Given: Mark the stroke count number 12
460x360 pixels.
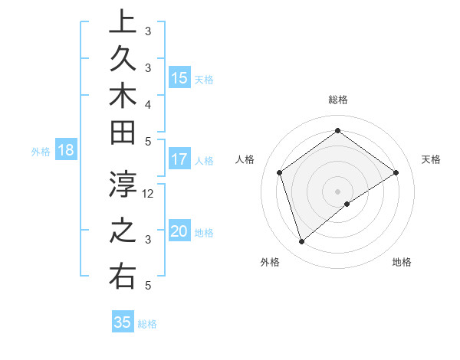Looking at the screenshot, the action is [x=149, y=194].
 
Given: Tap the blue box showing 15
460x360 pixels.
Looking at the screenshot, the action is [x=179, y=78].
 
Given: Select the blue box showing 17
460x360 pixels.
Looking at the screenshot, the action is [x=179, y=160].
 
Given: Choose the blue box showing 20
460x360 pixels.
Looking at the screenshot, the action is [x=179, y=232].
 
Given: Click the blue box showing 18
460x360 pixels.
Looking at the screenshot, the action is [x=66, y=151].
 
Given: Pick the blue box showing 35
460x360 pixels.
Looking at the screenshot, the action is [x=123, y=322].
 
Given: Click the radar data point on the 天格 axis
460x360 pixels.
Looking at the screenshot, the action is [x=396, y=172].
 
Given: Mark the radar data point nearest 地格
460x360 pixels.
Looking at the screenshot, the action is [x=347, y=204].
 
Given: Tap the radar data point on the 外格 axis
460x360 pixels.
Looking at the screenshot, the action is [x=301, y=242].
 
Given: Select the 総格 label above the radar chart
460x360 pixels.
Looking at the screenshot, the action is [x=338, y=100].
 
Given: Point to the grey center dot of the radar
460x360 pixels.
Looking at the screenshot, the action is [x=338, y=191].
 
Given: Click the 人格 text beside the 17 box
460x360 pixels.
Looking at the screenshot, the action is [x=204, y=161].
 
